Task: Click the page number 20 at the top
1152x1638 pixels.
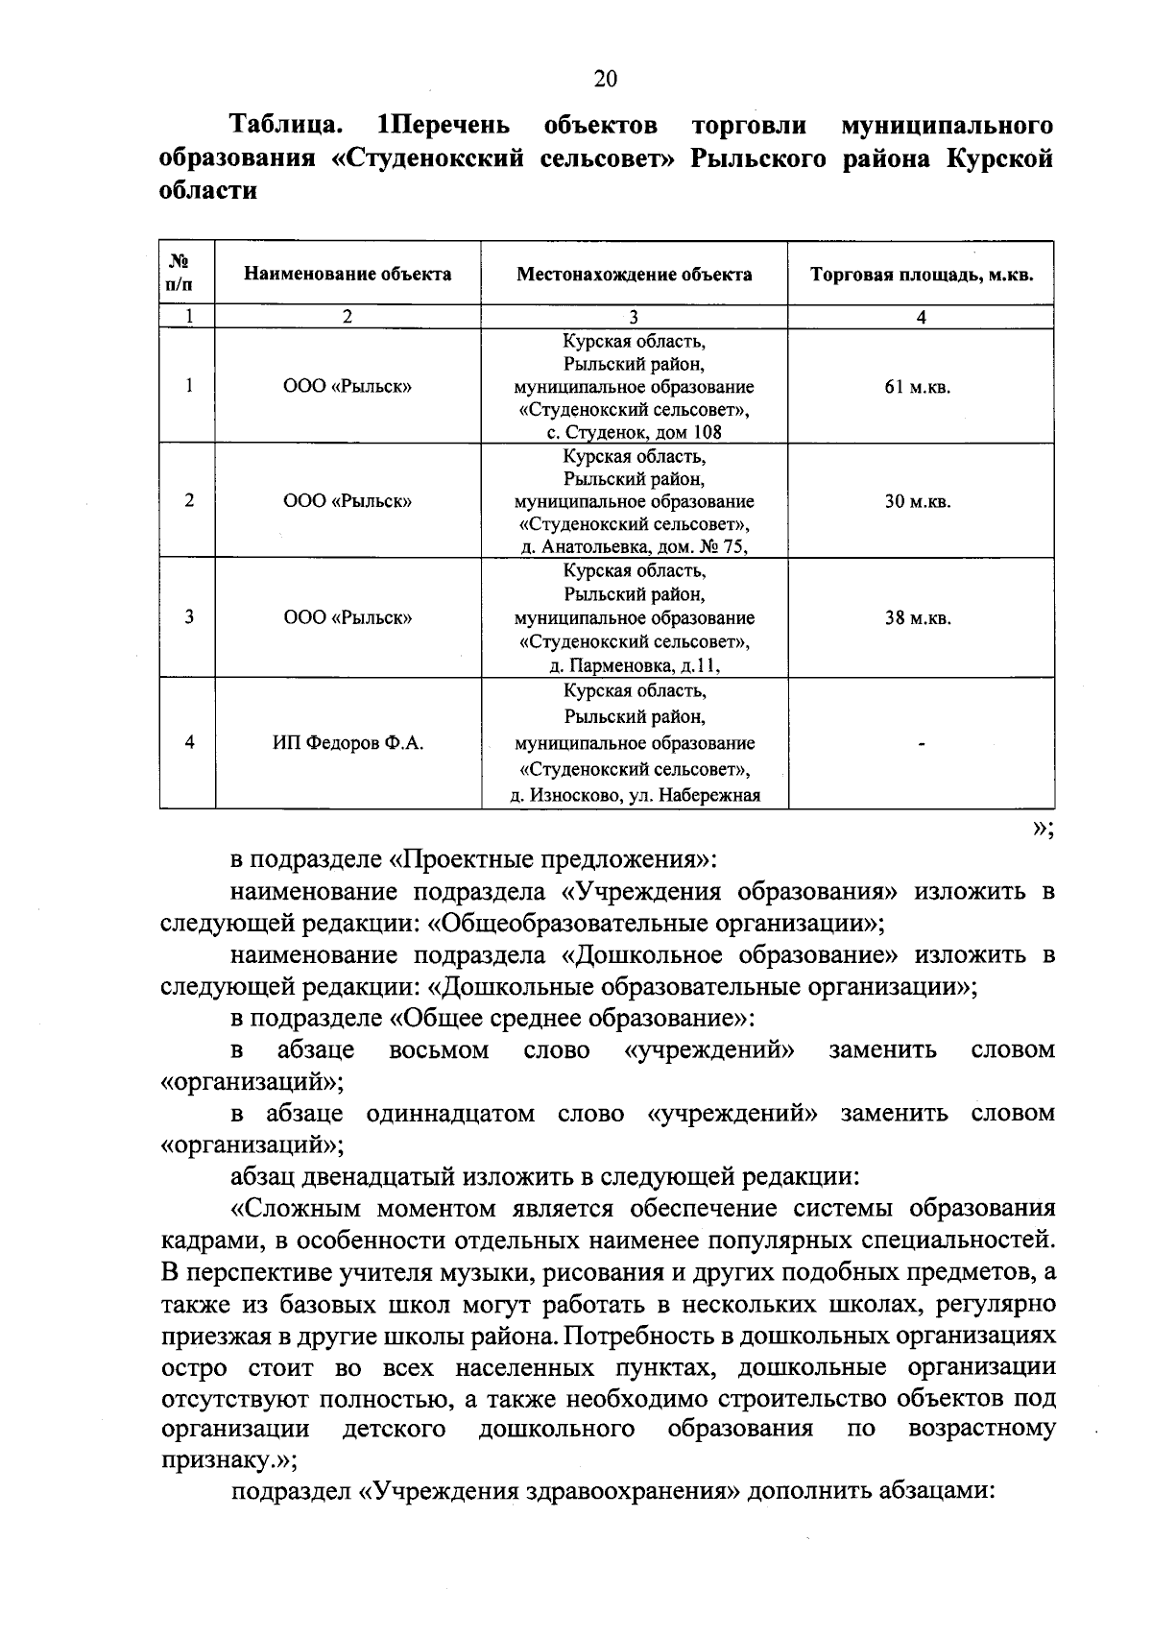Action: (606, 80)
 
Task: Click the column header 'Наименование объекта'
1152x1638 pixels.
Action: (348, 275)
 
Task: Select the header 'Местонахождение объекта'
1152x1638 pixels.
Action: (634, 275)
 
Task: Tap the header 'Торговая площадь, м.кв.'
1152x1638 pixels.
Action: (921, 275)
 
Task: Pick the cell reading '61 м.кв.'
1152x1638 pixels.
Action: (918, 388)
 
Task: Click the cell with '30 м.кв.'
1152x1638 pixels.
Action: (918, 502)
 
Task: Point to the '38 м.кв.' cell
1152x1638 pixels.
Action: (918, 618)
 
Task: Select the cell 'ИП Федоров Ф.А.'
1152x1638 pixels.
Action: (348, 743)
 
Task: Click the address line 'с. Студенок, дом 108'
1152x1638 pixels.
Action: (634, 432)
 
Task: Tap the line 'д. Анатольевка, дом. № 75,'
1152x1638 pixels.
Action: (634, 547)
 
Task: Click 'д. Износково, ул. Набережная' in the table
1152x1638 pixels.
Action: (634, 795)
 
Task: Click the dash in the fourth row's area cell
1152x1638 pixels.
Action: (921, 744)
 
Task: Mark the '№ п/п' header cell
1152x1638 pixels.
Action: (187, 274)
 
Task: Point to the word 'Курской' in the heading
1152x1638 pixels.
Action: (999, 157)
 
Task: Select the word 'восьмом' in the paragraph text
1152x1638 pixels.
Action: (439, 1050)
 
